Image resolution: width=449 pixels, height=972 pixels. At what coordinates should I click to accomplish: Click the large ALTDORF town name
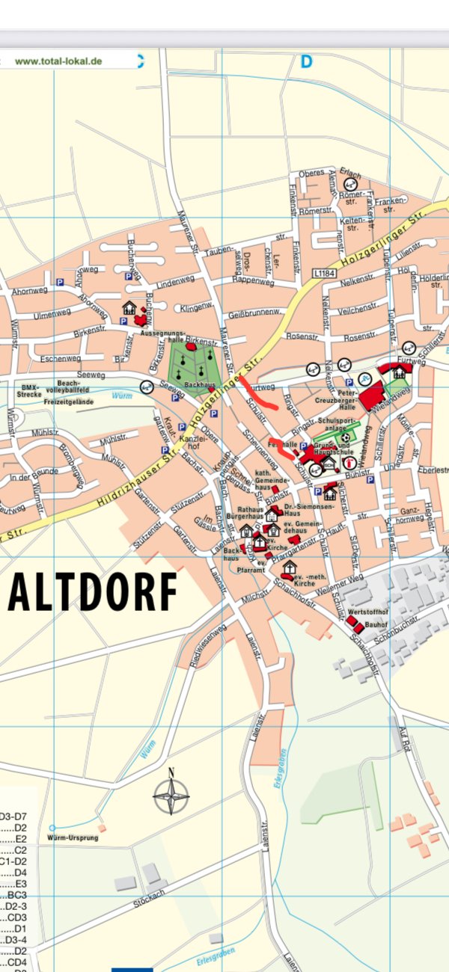click(x=93, y=591)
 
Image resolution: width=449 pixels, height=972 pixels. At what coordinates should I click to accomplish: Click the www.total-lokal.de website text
click(x=58, y=61)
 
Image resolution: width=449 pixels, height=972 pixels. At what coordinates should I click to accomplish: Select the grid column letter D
click(x=305, y=62)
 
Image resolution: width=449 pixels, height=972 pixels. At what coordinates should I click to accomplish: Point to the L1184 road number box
click(x=323, y=274)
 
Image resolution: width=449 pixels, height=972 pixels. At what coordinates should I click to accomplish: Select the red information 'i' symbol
click(x=349, y=463)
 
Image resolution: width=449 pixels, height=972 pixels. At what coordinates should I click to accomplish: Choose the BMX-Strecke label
click(x=29, y=390)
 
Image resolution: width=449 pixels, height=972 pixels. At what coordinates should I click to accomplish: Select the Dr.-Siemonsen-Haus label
click(x=302, y=510)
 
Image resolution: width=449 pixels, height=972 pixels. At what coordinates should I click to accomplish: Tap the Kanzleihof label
click(x=191, y=442)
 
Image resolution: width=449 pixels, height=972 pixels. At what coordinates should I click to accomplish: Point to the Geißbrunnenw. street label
click(x=253, y=313)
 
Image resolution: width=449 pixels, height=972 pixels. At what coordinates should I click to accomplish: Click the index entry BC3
click(x=16, y=894)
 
